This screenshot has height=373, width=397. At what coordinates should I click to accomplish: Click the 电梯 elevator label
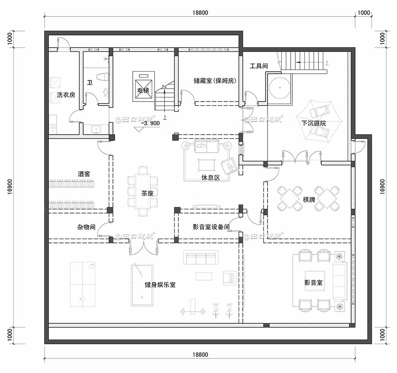pos(143,90)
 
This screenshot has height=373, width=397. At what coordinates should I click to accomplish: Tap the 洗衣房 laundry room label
pos(66,95)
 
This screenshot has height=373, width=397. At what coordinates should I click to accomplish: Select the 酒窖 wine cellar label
pos(84,174)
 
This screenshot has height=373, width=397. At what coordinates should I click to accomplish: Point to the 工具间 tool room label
pos(259,66)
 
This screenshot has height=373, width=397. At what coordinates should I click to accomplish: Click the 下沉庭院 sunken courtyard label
pos(314,123)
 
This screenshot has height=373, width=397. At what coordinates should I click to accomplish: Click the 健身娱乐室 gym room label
pos(160,285)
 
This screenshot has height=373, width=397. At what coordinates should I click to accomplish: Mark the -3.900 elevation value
pos(150,123)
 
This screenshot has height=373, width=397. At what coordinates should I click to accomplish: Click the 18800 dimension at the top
pos(200,13)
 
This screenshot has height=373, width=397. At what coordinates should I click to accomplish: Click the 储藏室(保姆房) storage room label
pos(215,81)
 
